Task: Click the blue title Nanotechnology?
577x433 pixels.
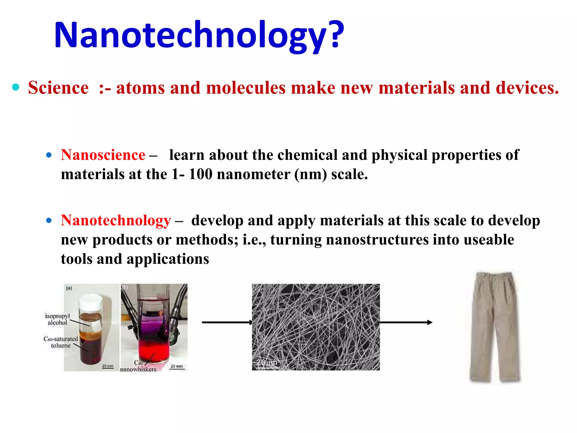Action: pyautogui.click(x=199, y=35)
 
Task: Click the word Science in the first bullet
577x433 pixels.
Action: pyautogui.click(x=58, y=88)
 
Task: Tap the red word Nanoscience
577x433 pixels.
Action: pyautogui.click(x=103, y=155)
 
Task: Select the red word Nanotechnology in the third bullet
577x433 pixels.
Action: pyautogui.click(x=116, y=220)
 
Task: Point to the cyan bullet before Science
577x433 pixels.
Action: pyautogui.click(x=16, y=87)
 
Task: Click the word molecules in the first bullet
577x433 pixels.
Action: pyautogui.click(x=246, y=88)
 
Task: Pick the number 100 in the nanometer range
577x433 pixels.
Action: pyautogui.click(x=200, y=174)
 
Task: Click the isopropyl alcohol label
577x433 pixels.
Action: pyautogui.click(x=57, y=319)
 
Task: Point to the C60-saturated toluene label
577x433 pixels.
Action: pyautogui.click(x=61, y=342)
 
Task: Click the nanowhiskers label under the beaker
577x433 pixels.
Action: pyautogui.click(x=138, y=369)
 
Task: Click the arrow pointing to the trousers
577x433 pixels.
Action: pyautogui.click(x=406, y=322)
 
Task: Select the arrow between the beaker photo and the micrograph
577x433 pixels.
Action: pyautogui.click(x=227, y=322)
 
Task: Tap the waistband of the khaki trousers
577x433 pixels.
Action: pyautogui.click(x=494, y=274)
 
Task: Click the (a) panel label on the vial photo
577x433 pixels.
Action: pyautogui.click(x=69, y=288)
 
